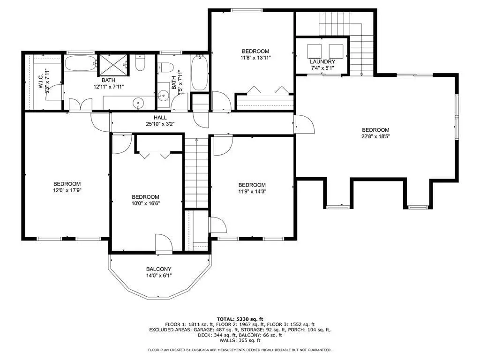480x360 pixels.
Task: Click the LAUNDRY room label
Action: (x=322, y=61)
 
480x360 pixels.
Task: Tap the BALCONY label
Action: (x=158, y=269)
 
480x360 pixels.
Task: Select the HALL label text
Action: (x=160, y=118)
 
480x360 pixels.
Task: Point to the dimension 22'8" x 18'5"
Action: (x=375, y=136)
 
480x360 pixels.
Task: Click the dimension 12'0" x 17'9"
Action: (x=67, y=190)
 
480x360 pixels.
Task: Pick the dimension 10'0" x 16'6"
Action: (x=145, y=203)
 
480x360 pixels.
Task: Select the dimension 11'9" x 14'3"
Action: (x=252, y=192)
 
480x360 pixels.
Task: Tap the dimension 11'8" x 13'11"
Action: (x=255, y=58)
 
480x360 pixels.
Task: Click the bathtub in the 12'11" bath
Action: (x=81, y=63)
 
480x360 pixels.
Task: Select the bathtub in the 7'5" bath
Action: (x=200, y=73)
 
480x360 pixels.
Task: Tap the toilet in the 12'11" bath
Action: (x=140, y=63)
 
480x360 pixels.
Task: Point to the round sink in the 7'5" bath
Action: (x=164, y=96)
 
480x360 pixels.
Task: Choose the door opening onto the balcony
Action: (x=164, y=244)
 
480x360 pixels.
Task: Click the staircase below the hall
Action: (x=196, y=172)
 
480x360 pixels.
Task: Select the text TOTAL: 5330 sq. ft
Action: (x=240, y=319)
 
